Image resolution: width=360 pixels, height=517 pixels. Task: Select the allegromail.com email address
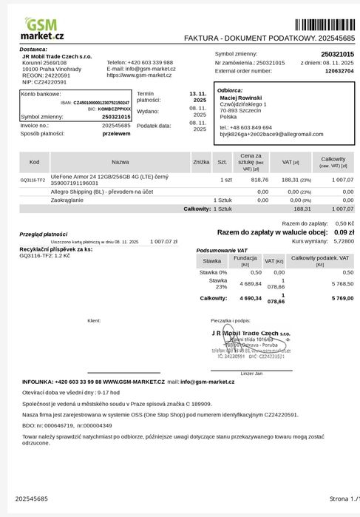[x=271, y=134]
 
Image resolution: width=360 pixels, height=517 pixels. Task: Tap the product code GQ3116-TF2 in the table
[x=33, y=180]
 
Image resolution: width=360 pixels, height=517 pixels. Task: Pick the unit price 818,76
[x=259, y=180]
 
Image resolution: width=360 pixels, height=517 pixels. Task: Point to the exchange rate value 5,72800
[x=343, y=241]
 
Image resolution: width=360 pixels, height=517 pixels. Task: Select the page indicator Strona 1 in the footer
[x=342, y=499]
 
